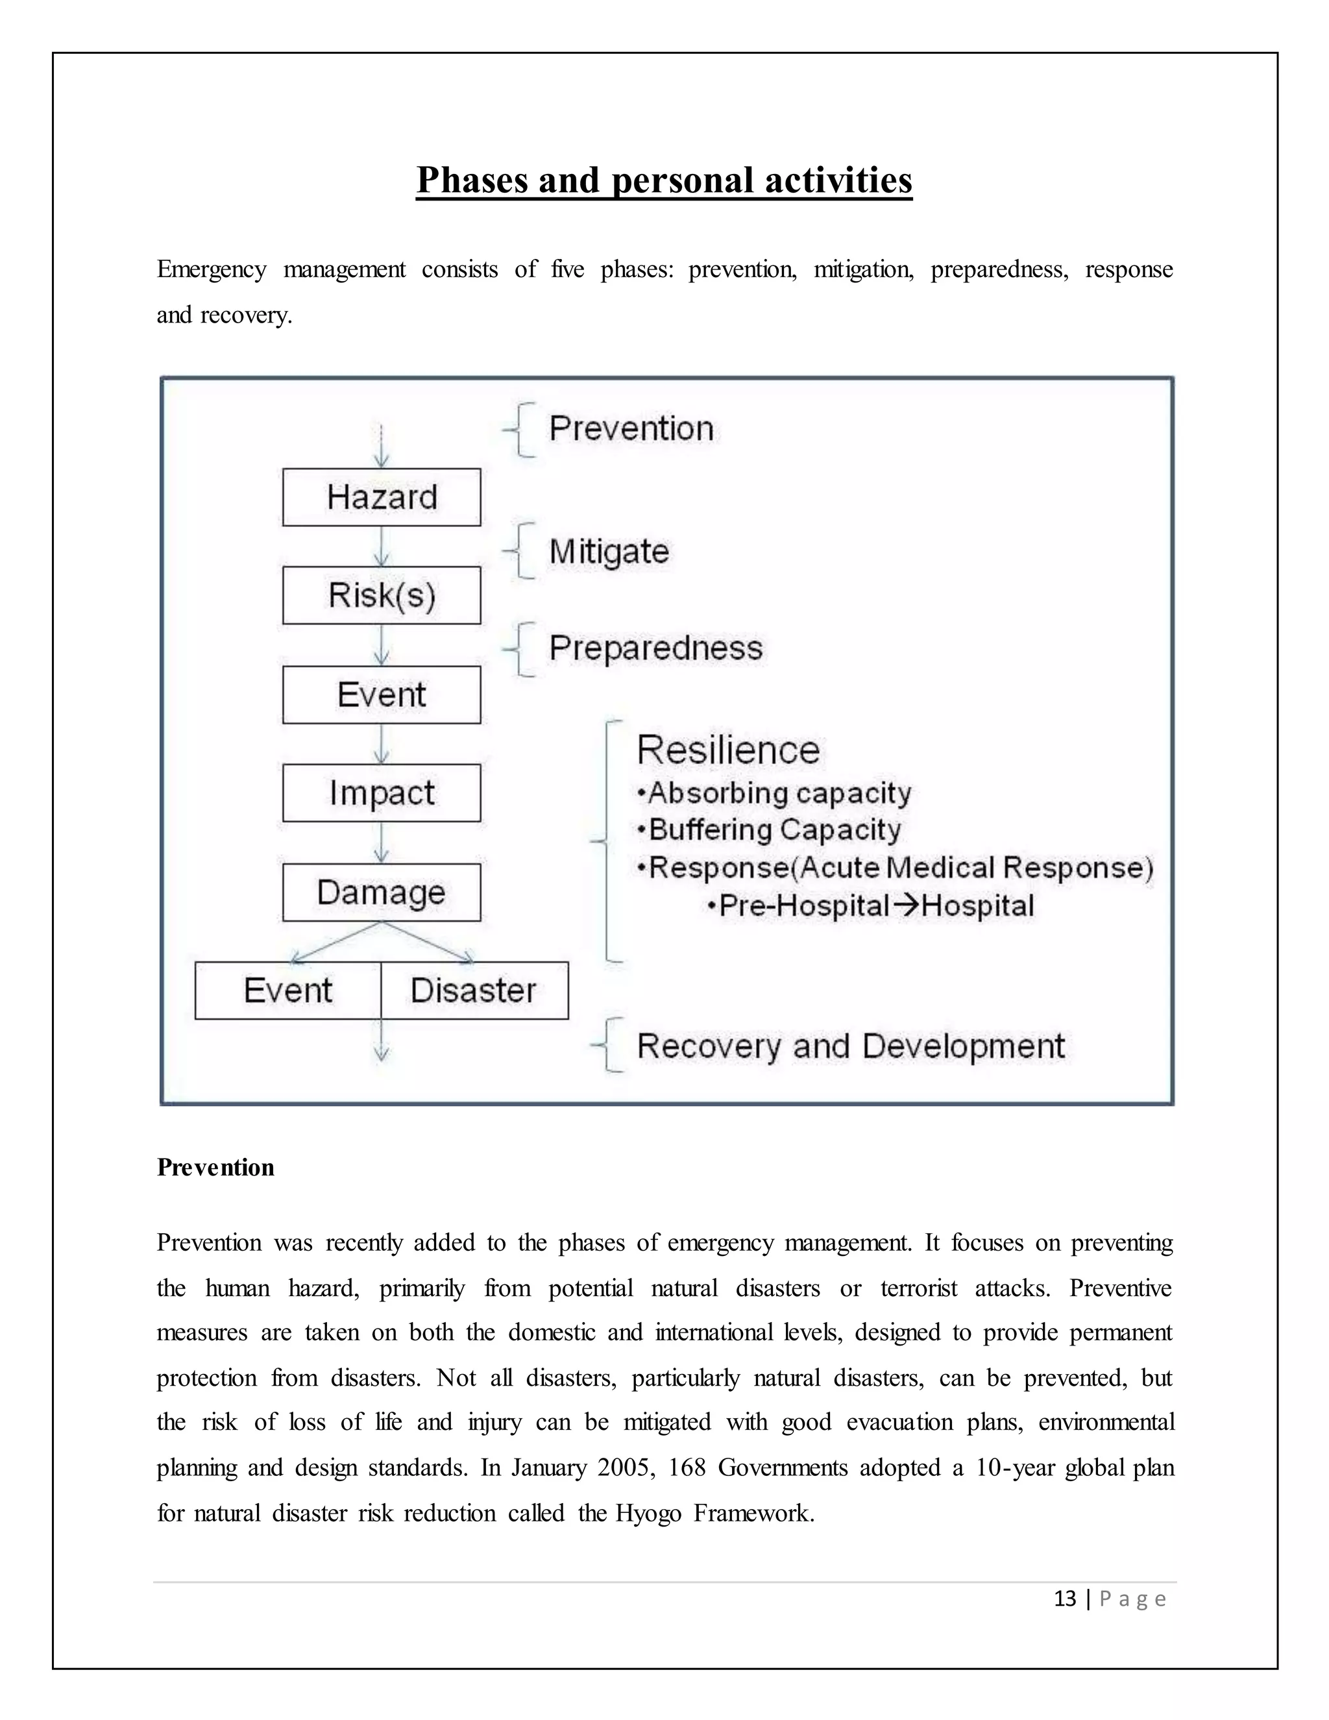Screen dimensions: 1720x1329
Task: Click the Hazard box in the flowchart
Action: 381,497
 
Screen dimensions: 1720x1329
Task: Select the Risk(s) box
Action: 381,595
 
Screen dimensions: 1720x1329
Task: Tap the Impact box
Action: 381,792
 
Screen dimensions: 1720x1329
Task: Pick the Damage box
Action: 381,892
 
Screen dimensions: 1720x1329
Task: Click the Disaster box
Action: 474,990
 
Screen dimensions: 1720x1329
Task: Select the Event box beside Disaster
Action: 288,990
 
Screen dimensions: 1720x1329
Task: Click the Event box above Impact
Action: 381,694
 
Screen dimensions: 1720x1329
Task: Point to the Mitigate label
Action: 609,551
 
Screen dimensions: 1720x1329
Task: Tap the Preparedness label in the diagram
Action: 655,648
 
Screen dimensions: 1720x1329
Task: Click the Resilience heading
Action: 727,750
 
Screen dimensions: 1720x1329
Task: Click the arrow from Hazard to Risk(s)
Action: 381,547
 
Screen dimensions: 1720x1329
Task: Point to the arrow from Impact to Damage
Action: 381,842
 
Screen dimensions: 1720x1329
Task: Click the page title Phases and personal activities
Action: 664,180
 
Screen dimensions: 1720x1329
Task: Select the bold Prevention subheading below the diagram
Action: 215,1167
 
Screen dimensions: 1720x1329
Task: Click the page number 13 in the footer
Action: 1064,1599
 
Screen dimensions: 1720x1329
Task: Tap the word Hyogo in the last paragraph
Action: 647,1513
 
